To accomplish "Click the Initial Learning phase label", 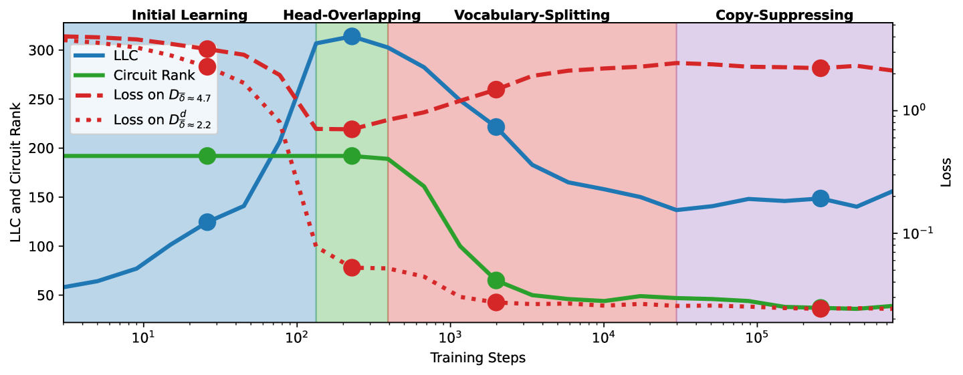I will pyautogui.click(x=189, y=15).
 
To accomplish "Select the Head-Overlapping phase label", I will pyautogui.click(x=352, y=15).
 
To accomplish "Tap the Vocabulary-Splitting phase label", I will pyautogui.click(x=532, y=15).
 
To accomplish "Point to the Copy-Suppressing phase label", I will pyautogui.click(x=784, y=15).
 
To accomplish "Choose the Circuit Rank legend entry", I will pyautogui.click(x=154, y=75).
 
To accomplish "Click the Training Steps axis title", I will pyautogui.click(x=477, y=358).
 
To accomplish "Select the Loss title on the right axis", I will pyautogui.click(x=946, y=173).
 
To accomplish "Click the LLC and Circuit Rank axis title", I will pyautogui.click(x=15, y=172).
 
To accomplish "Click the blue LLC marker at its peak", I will pyautogui.click(x=352, y=37).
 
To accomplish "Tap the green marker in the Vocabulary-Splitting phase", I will pyautogui.click(x=496, y=281).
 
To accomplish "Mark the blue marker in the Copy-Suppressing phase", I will pyautogui.click(x=821, y=199).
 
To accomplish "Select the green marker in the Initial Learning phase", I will pyautogui.click(x=207, y=156).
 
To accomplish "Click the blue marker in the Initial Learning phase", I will pyautogui.click(x=207, y=222).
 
